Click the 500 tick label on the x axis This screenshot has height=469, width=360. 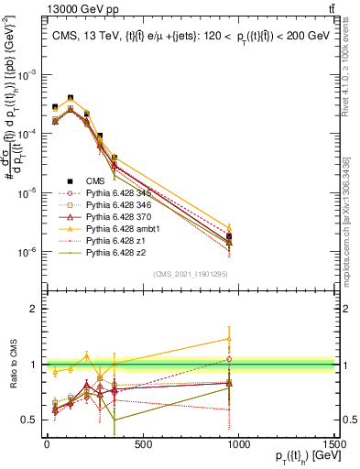142,443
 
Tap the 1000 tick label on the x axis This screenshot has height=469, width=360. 238,443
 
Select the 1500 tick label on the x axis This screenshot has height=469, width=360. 333,443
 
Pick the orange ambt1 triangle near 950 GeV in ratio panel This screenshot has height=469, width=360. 229,339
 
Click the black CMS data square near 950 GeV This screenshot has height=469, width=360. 229,237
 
